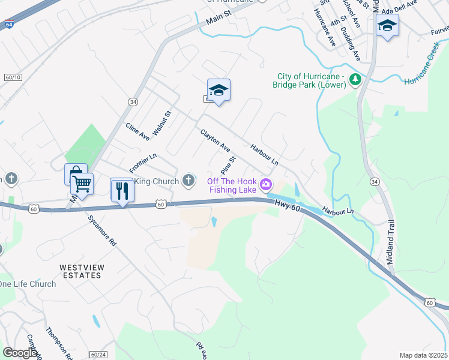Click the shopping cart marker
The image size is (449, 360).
82,184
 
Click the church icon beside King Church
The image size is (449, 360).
188,180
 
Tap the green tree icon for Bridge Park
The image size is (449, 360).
355,79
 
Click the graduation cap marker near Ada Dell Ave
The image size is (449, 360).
387,26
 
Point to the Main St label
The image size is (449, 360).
218,20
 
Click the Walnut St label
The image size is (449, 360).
161,122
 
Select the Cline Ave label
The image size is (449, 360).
137,132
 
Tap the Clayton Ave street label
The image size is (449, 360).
215,140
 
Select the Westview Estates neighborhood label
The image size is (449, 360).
80,271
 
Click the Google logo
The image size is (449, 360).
20,353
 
